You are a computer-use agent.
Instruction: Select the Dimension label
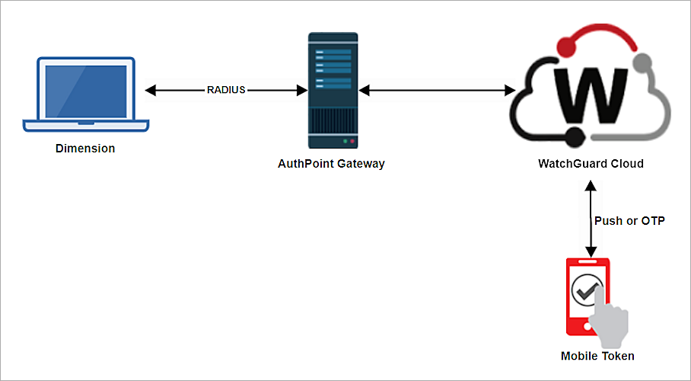click(85, 149)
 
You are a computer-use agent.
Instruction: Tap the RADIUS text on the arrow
click(226, 90)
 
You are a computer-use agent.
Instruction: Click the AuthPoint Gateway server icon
click(332, 90)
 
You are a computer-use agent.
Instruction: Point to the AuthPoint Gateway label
click(331, 163)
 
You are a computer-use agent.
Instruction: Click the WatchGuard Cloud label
click(591, 163)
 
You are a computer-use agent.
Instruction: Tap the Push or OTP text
click(629, 221)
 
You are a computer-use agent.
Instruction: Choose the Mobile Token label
click(597, 356)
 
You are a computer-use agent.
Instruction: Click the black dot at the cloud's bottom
click(572, 139)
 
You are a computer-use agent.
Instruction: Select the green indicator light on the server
click(345, 141)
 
